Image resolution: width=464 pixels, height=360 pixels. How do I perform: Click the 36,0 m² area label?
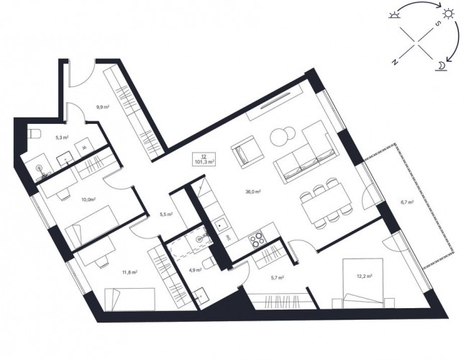tap(253, 192)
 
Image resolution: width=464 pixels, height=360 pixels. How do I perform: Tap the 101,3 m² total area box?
tap(204, 159)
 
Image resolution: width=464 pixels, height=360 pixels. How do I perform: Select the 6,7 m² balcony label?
tap(407, 202)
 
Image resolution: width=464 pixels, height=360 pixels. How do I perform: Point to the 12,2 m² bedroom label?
tap(364, 276)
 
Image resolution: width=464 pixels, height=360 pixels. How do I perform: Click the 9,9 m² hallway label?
tap(103, 107)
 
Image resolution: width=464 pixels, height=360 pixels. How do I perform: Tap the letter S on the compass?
tap(439, 24)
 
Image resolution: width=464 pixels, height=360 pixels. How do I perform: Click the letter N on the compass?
tap(394, 62)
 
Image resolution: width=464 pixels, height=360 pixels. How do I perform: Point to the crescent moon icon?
tap(441, 66)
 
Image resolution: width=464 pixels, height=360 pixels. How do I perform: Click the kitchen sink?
tap(221, 226)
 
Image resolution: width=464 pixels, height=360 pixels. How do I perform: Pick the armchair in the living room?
tap(247, 153)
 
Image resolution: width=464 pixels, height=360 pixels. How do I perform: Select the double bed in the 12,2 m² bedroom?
tap(363, 280)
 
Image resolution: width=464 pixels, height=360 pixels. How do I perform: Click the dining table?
tap(326, 204)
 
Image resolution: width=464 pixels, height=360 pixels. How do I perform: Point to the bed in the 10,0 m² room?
tap(92, 225)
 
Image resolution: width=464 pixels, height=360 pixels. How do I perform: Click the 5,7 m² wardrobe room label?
tap(277, 278)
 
